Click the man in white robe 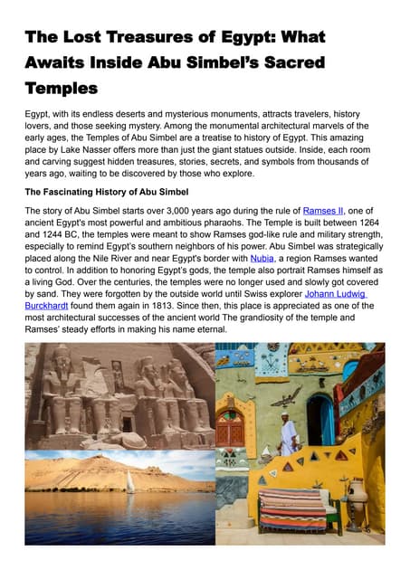tap(289, 434)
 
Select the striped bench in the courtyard tap(292, 510)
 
